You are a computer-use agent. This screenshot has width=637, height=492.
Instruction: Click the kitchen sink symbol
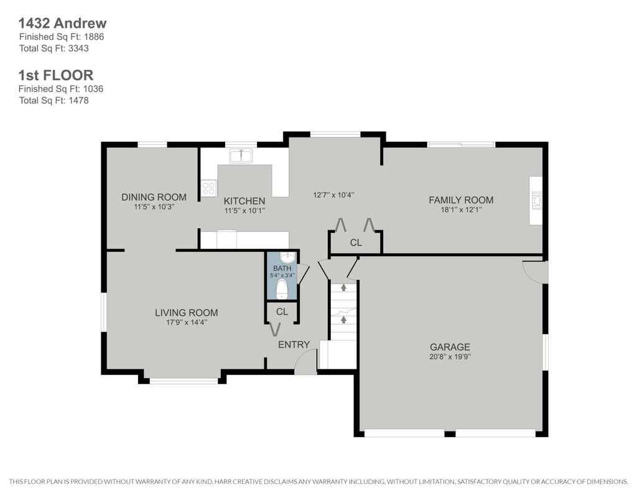pos(241,156)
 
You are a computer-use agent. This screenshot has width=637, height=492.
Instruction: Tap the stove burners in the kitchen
pos(209,188)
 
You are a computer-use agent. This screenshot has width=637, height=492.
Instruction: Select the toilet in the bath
pos(282,289)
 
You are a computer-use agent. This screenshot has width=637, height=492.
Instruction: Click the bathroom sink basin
pos(288,257)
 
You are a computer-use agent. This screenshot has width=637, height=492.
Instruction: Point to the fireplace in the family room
pos(537,200)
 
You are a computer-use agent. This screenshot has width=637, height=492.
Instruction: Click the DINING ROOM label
pos(154,197)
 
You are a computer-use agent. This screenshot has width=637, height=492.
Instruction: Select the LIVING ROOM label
pos(187,312)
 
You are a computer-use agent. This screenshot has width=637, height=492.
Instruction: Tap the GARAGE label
pos(450,347)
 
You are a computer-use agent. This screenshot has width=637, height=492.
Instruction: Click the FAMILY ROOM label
pos(461,200)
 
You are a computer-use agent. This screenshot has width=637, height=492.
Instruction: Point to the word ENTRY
pos(294,345)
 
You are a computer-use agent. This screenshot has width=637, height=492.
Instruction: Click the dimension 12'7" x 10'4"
pos(333,195)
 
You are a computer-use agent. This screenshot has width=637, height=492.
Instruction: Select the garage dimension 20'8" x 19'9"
pos(450,356)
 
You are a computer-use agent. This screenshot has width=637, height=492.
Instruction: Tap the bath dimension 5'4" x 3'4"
pos(282,275)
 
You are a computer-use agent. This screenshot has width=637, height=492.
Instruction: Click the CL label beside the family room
pos(356,243)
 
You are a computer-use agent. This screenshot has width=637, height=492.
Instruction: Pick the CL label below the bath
pos(282,312)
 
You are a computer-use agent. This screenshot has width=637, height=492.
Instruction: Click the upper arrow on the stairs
pos(343,287)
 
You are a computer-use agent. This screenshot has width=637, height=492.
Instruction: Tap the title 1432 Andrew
pos(63,23)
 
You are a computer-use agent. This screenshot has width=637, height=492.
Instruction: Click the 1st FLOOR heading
pos(56,75)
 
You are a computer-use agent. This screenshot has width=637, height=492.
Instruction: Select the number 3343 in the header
pos(78,49)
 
